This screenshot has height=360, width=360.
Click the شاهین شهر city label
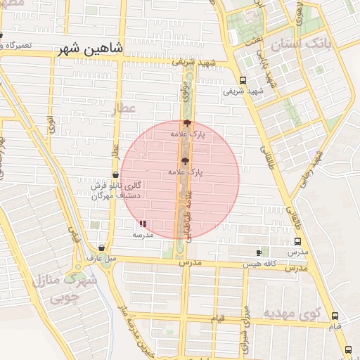(89, 50)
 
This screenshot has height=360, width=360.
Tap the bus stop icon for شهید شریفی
(243, 80)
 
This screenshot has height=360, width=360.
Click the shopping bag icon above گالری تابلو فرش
(115, 174)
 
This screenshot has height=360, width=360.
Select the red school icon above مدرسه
(143, 223)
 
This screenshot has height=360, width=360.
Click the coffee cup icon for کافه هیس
(259, 252)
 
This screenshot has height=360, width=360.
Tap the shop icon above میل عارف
(103, 247)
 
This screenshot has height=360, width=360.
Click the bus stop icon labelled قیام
(335, 316)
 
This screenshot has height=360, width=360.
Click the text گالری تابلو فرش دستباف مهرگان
(117, 191)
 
